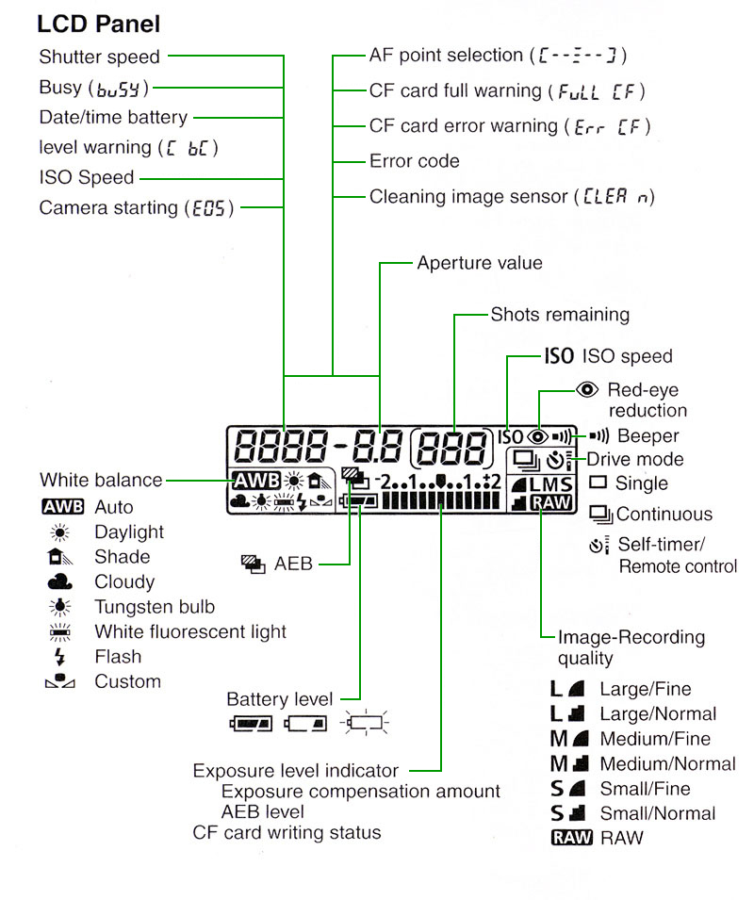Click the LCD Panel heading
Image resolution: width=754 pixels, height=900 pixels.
(98, 24)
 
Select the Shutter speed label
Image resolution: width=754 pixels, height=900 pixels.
(99, 57)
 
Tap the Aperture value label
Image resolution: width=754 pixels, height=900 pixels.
(480, 263)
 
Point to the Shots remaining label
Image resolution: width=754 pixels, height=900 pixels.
(560, 314)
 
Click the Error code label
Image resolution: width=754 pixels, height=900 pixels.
(414, 161)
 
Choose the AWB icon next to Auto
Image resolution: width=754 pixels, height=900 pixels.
(63, 508)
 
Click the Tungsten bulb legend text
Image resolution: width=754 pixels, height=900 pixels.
(155, 607)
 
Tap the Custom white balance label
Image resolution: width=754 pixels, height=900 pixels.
(127, 681)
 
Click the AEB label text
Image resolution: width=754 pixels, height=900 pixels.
(293, 564)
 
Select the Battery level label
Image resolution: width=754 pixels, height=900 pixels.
(280, 699)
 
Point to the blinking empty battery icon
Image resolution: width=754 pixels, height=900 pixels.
(365, 724)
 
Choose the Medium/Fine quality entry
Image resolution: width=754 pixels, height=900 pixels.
(655, 739)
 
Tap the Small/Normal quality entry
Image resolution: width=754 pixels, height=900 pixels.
(658, 813)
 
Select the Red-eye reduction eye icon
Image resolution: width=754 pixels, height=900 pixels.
(589, 389)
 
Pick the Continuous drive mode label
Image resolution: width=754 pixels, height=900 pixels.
(664, 515)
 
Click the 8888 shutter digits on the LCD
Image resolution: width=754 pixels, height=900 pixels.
(278, 444)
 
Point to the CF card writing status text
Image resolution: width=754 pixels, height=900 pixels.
(287, 832)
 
